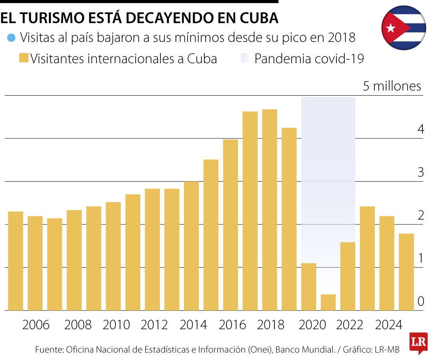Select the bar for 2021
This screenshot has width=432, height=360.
click(328, 302)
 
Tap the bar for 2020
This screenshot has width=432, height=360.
click(308, 286)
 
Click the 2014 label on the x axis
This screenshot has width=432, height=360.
click(194, 325)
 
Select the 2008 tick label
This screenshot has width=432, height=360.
click(78, 325)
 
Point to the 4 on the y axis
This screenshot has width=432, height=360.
click(420, 129)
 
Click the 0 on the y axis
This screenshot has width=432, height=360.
click(420, 301)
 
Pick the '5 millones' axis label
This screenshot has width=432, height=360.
click(392, 86)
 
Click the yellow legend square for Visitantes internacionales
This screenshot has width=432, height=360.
click(24, 59)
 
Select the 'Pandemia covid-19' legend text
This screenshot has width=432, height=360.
click(309, 59)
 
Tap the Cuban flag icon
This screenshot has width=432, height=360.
click(404, 28)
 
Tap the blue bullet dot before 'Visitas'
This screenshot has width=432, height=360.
click(11, 38)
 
